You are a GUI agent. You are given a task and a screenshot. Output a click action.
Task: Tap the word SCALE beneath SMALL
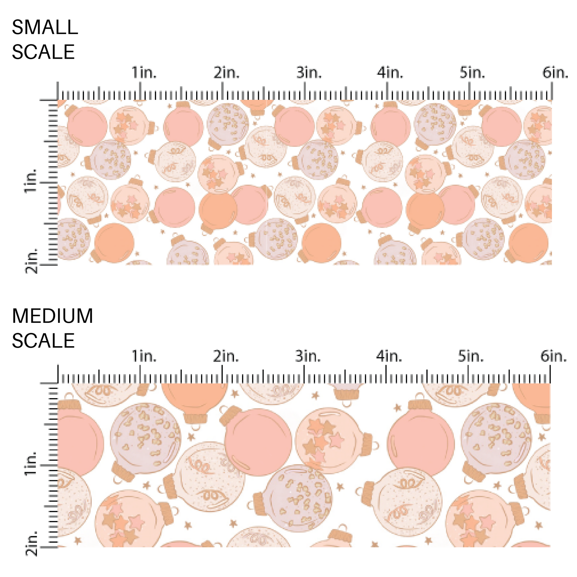pos(43,52)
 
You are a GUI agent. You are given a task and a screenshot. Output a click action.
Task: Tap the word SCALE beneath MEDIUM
pos(43,340)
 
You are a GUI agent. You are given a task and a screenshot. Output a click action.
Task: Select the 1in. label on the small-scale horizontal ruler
pos(144,73)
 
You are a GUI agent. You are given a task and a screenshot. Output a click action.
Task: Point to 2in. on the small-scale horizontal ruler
pos(227,73)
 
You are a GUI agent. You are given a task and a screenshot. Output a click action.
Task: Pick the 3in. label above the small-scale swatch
pos(309,73)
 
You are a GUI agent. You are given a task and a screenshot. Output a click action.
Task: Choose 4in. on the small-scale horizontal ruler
pos(390,73)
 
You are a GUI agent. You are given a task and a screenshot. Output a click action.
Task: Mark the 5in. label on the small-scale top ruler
pos(472,73)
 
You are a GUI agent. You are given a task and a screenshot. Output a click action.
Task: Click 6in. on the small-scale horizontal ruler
pos(555,73)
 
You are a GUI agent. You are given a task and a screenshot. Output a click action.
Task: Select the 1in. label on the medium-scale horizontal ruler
pos(144,356)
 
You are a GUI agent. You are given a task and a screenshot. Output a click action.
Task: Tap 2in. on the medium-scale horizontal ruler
pos(226,356)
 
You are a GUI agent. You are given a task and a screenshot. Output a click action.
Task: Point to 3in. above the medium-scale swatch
pos(308,356)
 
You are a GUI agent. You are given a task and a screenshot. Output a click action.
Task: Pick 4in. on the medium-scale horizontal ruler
pos(389,356)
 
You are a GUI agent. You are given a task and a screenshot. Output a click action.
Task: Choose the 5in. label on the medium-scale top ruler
pos(471,356)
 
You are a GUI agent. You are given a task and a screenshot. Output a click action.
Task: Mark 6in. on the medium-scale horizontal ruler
pos(554,356)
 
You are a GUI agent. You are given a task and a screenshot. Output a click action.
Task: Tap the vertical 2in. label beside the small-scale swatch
pos(31,260)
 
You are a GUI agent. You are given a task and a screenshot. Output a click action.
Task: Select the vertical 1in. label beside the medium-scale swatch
pos(31,464)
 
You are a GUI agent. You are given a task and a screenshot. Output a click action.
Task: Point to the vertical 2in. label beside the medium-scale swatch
pos(31,543)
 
